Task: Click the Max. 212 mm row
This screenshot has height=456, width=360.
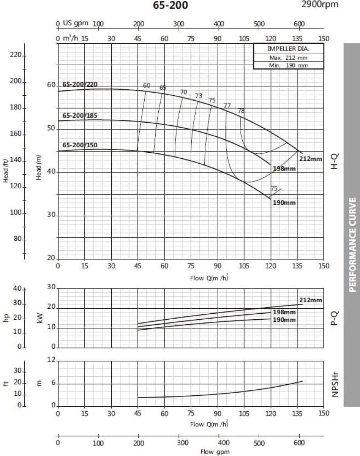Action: pyautogui.click(x=288, y=58)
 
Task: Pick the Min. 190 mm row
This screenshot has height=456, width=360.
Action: pyautogui.click(x=288, y=65)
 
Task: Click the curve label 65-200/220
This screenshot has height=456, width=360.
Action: pyautogui.click(x=80, y=84)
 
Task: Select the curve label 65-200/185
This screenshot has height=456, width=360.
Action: pyautogui.click(x=80, y=115)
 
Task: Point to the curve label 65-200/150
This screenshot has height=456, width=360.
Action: pyautogui.click(x=80, y=145)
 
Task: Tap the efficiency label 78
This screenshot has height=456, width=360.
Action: pyautogui.click(x=241, y=111)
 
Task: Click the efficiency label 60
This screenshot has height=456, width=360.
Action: pyautogui.click(x=146, y=85)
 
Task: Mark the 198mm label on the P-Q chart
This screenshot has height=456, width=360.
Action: pyautogui.click(x=284, y=312)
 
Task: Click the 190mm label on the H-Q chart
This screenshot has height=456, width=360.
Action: pyautogui.click(x=283, y=202)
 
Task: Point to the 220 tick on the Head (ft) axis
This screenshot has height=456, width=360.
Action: pyautogui.click(x=16, y=55)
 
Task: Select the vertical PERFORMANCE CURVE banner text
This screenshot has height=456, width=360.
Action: pyautogui.click(x=352, y=244)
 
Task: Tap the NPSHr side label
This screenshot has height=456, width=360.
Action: pyautogui.click(x=335, y=383)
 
